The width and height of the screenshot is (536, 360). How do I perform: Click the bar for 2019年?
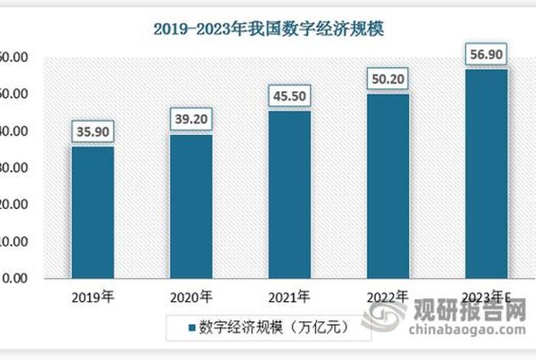coord(93,212)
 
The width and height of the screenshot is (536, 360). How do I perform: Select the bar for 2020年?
coord(191,206)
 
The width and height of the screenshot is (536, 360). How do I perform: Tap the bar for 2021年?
coord(289,195)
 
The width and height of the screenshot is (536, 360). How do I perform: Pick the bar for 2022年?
coord(387,185)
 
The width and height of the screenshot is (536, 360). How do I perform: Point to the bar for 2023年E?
coord(486,173)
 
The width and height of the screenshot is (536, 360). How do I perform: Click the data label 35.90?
coord(93,132)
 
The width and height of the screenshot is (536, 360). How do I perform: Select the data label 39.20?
coord(191,119)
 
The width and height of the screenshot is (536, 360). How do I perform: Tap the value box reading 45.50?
coord(289,97)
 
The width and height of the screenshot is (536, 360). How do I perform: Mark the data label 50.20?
coord(387,79)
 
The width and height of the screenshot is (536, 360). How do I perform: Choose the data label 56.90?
coord(486,55)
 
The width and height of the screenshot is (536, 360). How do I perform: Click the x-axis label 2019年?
coord(93,296)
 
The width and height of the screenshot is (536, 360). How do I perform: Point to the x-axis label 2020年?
coord(191,296)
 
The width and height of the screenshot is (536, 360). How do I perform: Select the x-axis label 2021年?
coord(289,296)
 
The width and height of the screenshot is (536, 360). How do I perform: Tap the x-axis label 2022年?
coord(387,296)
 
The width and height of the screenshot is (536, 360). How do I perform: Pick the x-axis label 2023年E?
coord(488,296)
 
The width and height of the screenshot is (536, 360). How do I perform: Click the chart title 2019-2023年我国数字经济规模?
coord(268,29)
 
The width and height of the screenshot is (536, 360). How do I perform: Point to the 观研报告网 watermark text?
coord(470,310)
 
